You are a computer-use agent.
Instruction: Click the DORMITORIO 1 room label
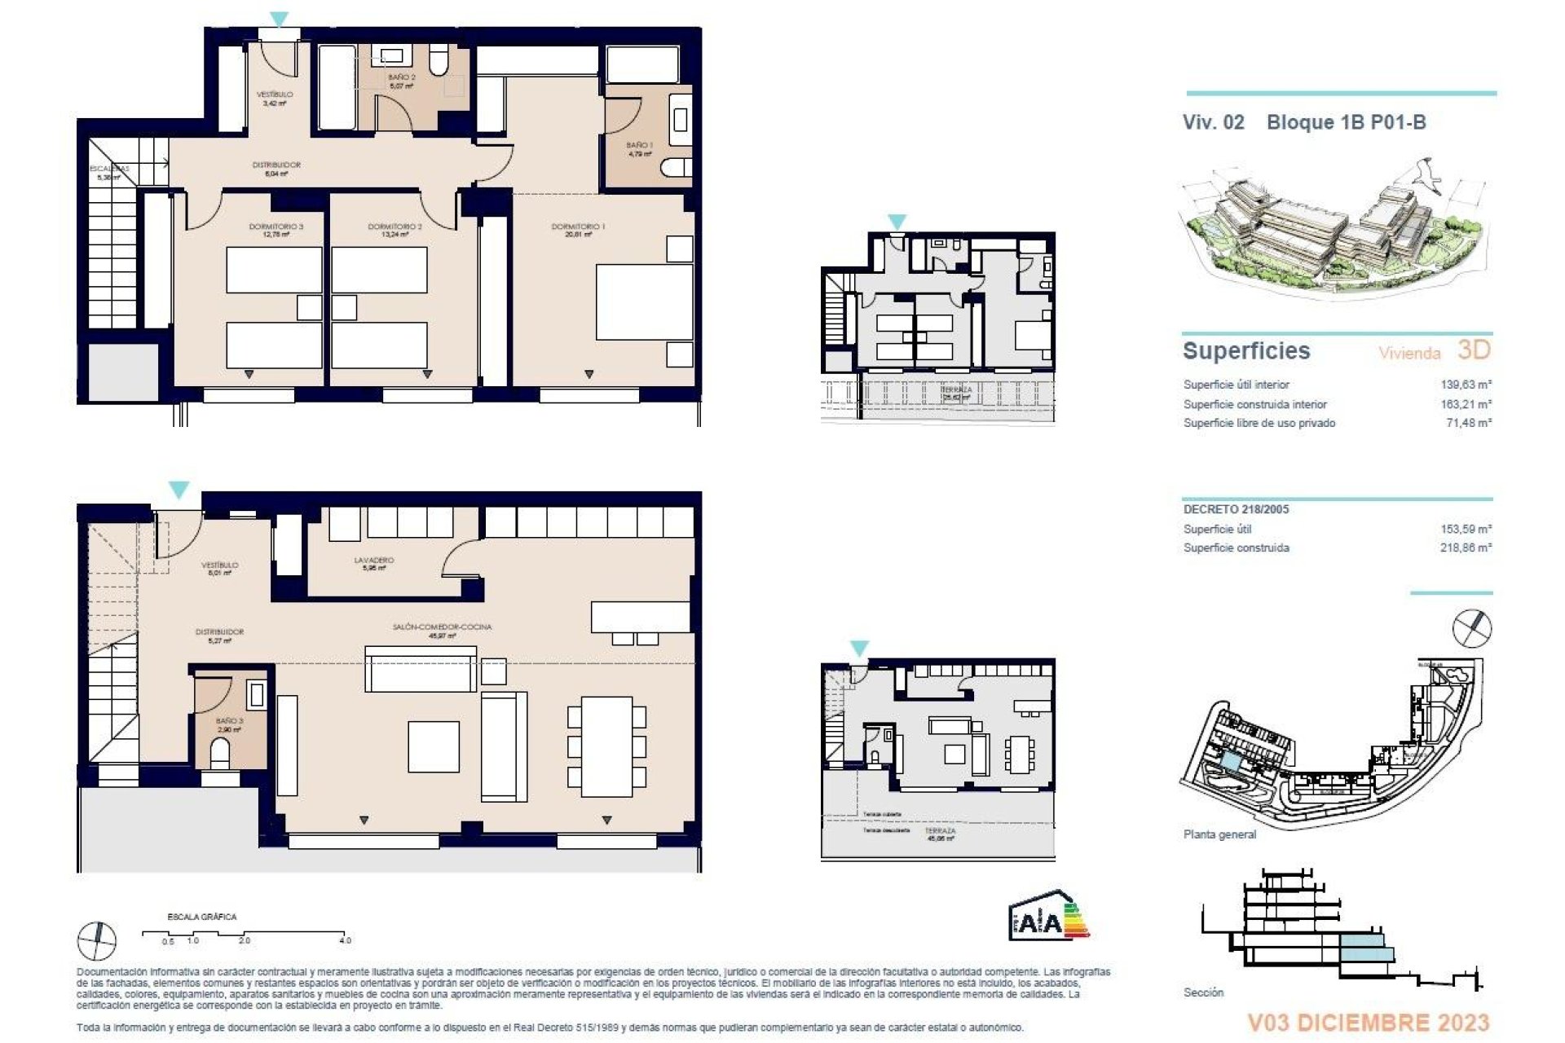pyautogui.click(x=578, y=227)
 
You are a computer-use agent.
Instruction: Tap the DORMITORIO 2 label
pyautogui.click(x=395, y=227)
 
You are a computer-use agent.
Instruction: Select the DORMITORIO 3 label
pyautogui.click(x=276, y=227)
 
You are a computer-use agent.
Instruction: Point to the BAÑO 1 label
pyautogui.click(x=640, y=145)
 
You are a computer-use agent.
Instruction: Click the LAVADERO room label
pyautogui.click(x=374, y=560)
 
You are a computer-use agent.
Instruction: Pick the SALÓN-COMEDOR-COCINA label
pyautogui.click(x=442, y=627)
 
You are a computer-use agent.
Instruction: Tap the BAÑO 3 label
pyautogui.click(x=229, y=721)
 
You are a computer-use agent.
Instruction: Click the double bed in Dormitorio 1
pyautogui.click(x=644, y=301)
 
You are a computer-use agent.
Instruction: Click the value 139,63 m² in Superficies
pyautogui.click(x=1466, y=385)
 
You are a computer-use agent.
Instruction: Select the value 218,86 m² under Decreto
pyautogui.click(x=1466, y=548)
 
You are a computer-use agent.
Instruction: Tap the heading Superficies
pyautogui.click(x=1246, y=351)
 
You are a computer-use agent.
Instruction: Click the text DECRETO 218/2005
pyautogui.click(x=1236, y=509)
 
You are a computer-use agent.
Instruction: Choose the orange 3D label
pyautogui.click(x=1474, y=350)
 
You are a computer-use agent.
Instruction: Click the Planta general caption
pyautogui.click(x=1219, y=834)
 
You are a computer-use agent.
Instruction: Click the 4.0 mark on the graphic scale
pyautogui.click(x=345, y=940)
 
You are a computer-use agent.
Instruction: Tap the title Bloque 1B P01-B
pyautogui.click(x=1346, y=122)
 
